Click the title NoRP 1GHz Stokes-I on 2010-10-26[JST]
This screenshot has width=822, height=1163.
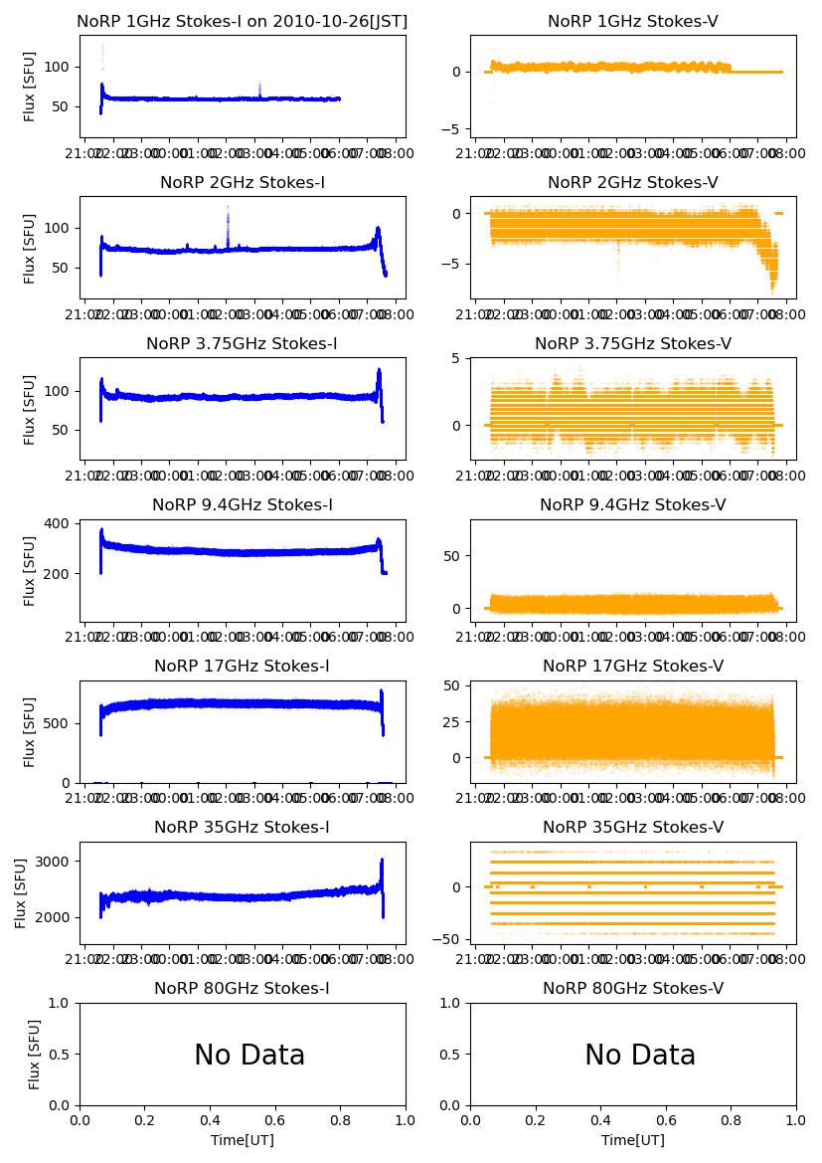(x=243, y=22)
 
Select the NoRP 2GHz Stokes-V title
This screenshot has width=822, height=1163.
(x=633, y=183)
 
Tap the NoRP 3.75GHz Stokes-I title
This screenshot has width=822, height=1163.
(x=243, y=344)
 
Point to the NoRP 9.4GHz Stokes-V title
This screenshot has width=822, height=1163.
(x=633, y=505)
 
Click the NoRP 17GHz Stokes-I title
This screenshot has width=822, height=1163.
(x=243, y=667)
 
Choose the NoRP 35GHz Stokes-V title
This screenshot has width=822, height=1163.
(x=633, y=828)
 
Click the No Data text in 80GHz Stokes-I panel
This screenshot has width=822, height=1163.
(x=249, y=1056)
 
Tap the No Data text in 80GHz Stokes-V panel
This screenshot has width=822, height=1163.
(x=640, y=1056)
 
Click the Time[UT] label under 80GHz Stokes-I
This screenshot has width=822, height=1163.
(x=243, y=1140)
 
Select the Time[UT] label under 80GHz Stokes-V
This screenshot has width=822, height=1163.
(x=633, y=1140)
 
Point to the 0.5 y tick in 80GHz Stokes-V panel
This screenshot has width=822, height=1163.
(x=453, y=1055)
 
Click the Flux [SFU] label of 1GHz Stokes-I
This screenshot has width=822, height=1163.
(x=30, y=88)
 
